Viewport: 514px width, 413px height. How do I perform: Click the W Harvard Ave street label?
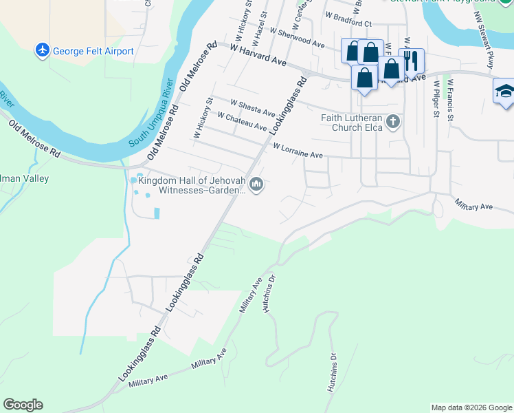pyautogui.click(x=258, y=55)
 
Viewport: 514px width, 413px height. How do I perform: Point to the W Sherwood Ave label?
pyautogui.click(x=297, y=37)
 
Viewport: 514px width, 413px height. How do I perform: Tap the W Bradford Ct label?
pyautogui.click(x=348, y=19)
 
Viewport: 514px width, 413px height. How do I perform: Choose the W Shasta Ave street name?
pyautogui.click(x=252, y=107)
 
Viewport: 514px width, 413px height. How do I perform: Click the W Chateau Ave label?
pyautogui.click(x=241, y=122)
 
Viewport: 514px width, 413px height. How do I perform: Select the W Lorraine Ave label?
pyautogui.click(x=298, y=151)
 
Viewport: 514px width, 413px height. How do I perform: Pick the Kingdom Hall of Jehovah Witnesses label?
pyautogui.click(x=191, y=185)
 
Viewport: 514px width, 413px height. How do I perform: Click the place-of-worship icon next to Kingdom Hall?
pyautogui.click(x=257, y=184)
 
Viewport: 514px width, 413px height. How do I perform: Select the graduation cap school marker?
pyautogui.click(x=504, y=92)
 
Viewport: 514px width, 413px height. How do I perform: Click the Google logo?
pyautogui.click(x=23, y=405)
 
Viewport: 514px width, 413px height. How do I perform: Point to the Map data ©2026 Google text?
pyautogui.click(x=471, y=407)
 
